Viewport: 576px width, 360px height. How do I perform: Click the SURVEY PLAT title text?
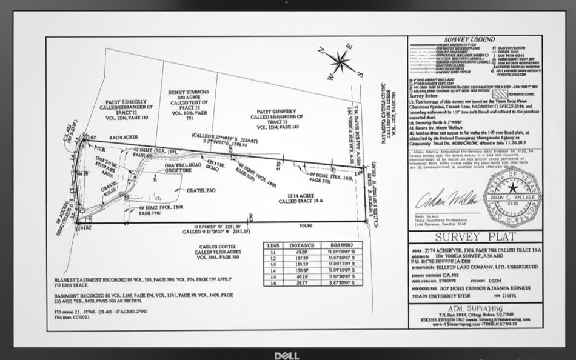[475, 236]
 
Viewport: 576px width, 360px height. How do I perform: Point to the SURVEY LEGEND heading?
[475, 39]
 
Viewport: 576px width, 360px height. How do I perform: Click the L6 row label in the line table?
[274, 282]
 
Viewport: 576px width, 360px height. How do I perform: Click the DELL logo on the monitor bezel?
[287, 355]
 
